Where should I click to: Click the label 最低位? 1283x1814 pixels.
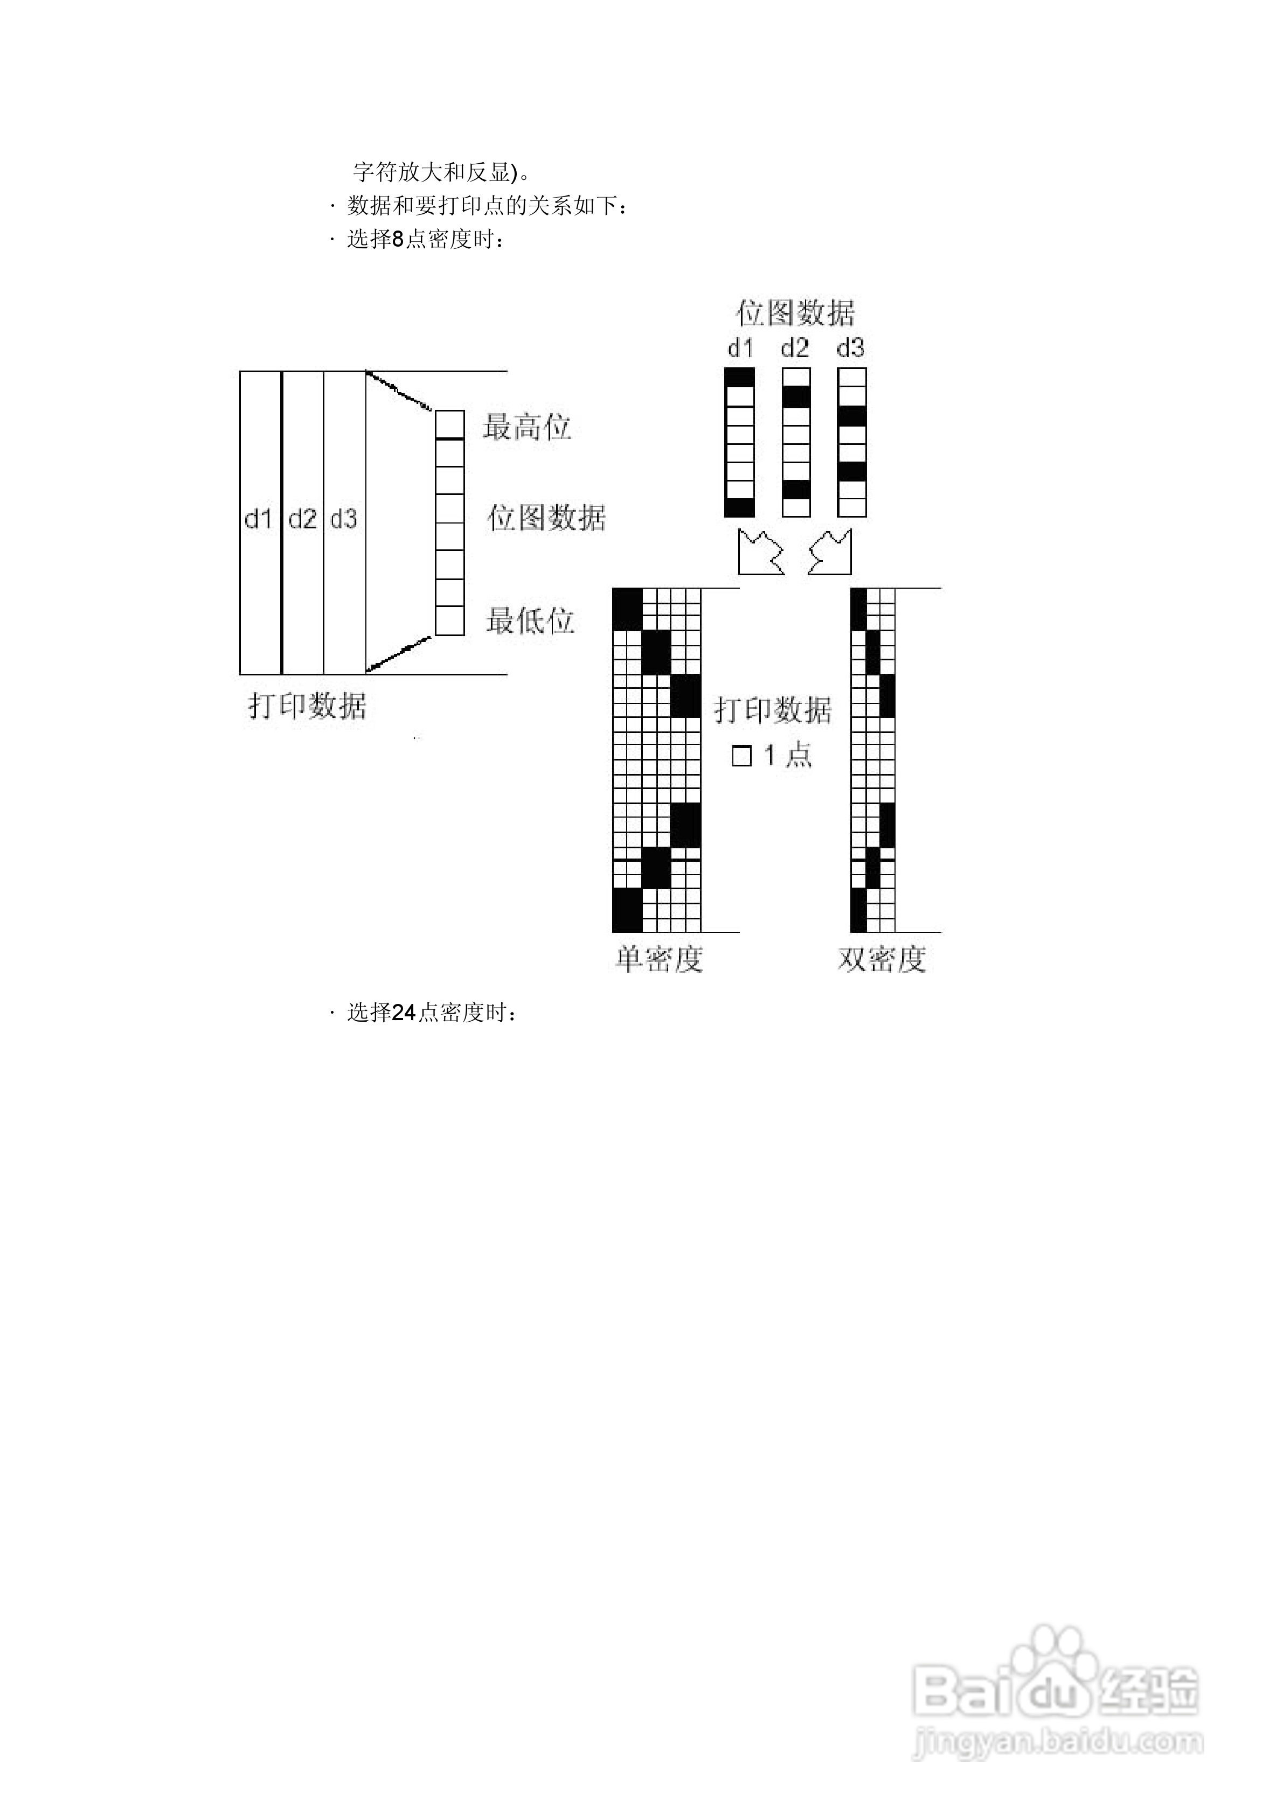529,621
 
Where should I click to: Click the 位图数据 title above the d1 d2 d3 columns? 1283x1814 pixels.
795,313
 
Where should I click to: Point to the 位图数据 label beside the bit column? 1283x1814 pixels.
546,518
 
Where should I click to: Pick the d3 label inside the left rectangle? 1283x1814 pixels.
344,519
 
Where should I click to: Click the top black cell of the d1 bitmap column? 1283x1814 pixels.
740,378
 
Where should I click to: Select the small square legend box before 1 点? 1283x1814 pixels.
741,756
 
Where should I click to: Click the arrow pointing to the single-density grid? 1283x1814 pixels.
760,552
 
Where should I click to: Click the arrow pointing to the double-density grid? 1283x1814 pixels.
830,552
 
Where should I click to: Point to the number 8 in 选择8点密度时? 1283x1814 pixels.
398,239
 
